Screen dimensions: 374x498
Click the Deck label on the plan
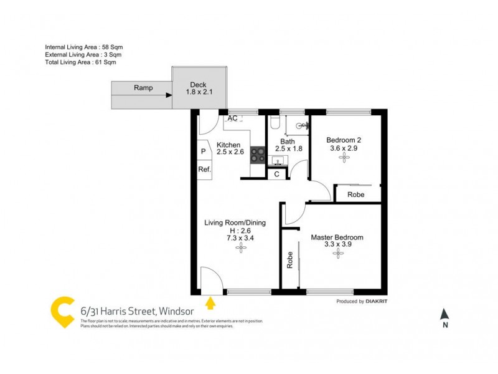(x=198, y=84)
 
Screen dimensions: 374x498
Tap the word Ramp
(x=143, y=88)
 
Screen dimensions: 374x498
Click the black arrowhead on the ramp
(x=169, y=95)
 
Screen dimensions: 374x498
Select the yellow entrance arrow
(x=210, y=303)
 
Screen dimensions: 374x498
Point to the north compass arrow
(x=444, y=314)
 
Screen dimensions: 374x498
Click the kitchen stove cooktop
(x=257, y=155)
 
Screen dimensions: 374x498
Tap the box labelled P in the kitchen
(x=204, y=151)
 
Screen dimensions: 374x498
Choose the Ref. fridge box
(x=204, y=169)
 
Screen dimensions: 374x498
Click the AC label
(x=232, y=118)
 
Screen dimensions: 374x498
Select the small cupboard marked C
(x=276, y=175)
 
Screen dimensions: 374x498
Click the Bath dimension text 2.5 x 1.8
(x=288, y=148)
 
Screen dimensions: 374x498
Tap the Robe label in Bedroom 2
(x=356, y=194)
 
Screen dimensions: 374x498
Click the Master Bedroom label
(x=338, y=237)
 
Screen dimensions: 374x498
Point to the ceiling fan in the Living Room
(x=240, y=247)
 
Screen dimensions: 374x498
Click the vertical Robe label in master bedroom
(x=290, y=260)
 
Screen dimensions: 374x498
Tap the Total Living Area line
(x=81, y=62)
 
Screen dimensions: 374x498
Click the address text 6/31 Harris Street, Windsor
(x=137, y=310)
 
